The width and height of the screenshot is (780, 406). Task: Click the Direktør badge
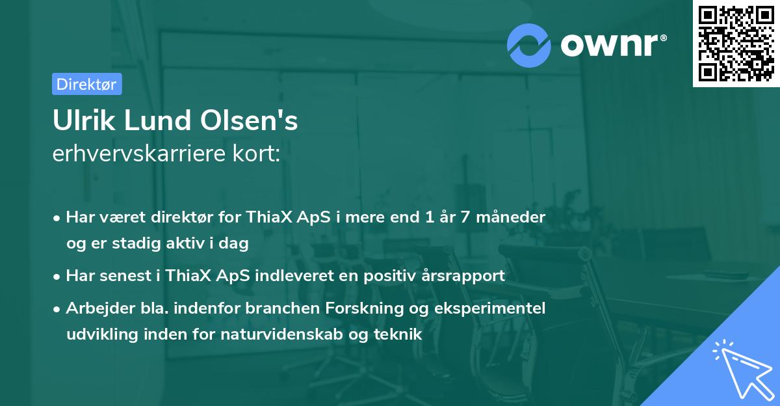86,84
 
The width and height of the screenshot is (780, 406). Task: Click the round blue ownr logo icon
529,45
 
